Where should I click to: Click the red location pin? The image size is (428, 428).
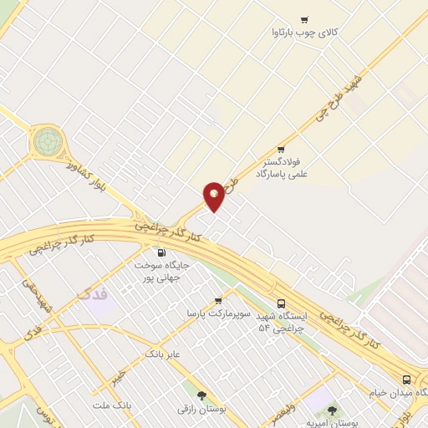click(x=214, y=196)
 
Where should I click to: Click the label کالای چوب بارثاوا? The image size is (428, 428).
click(x=304, y=33)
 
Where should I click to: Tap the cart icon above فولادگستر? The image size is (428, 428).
click(x=292, y=150)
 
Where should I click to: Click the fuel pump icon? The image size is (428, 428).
click(x=161, y=252)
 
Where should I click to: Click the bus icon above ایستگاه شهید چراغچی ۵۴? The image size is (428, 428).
click(x=280, y=304)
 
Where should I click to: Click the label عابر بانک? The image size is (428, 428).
click(x=162, y=354)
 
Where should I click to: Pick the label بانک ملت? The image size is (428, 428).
click(x=111, y=405)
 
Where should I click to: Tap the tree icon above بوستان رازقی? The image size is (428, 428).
click(x=201, y=395)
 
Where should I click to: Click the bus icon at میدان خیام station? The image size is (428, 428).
click(x=406, y=379)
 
